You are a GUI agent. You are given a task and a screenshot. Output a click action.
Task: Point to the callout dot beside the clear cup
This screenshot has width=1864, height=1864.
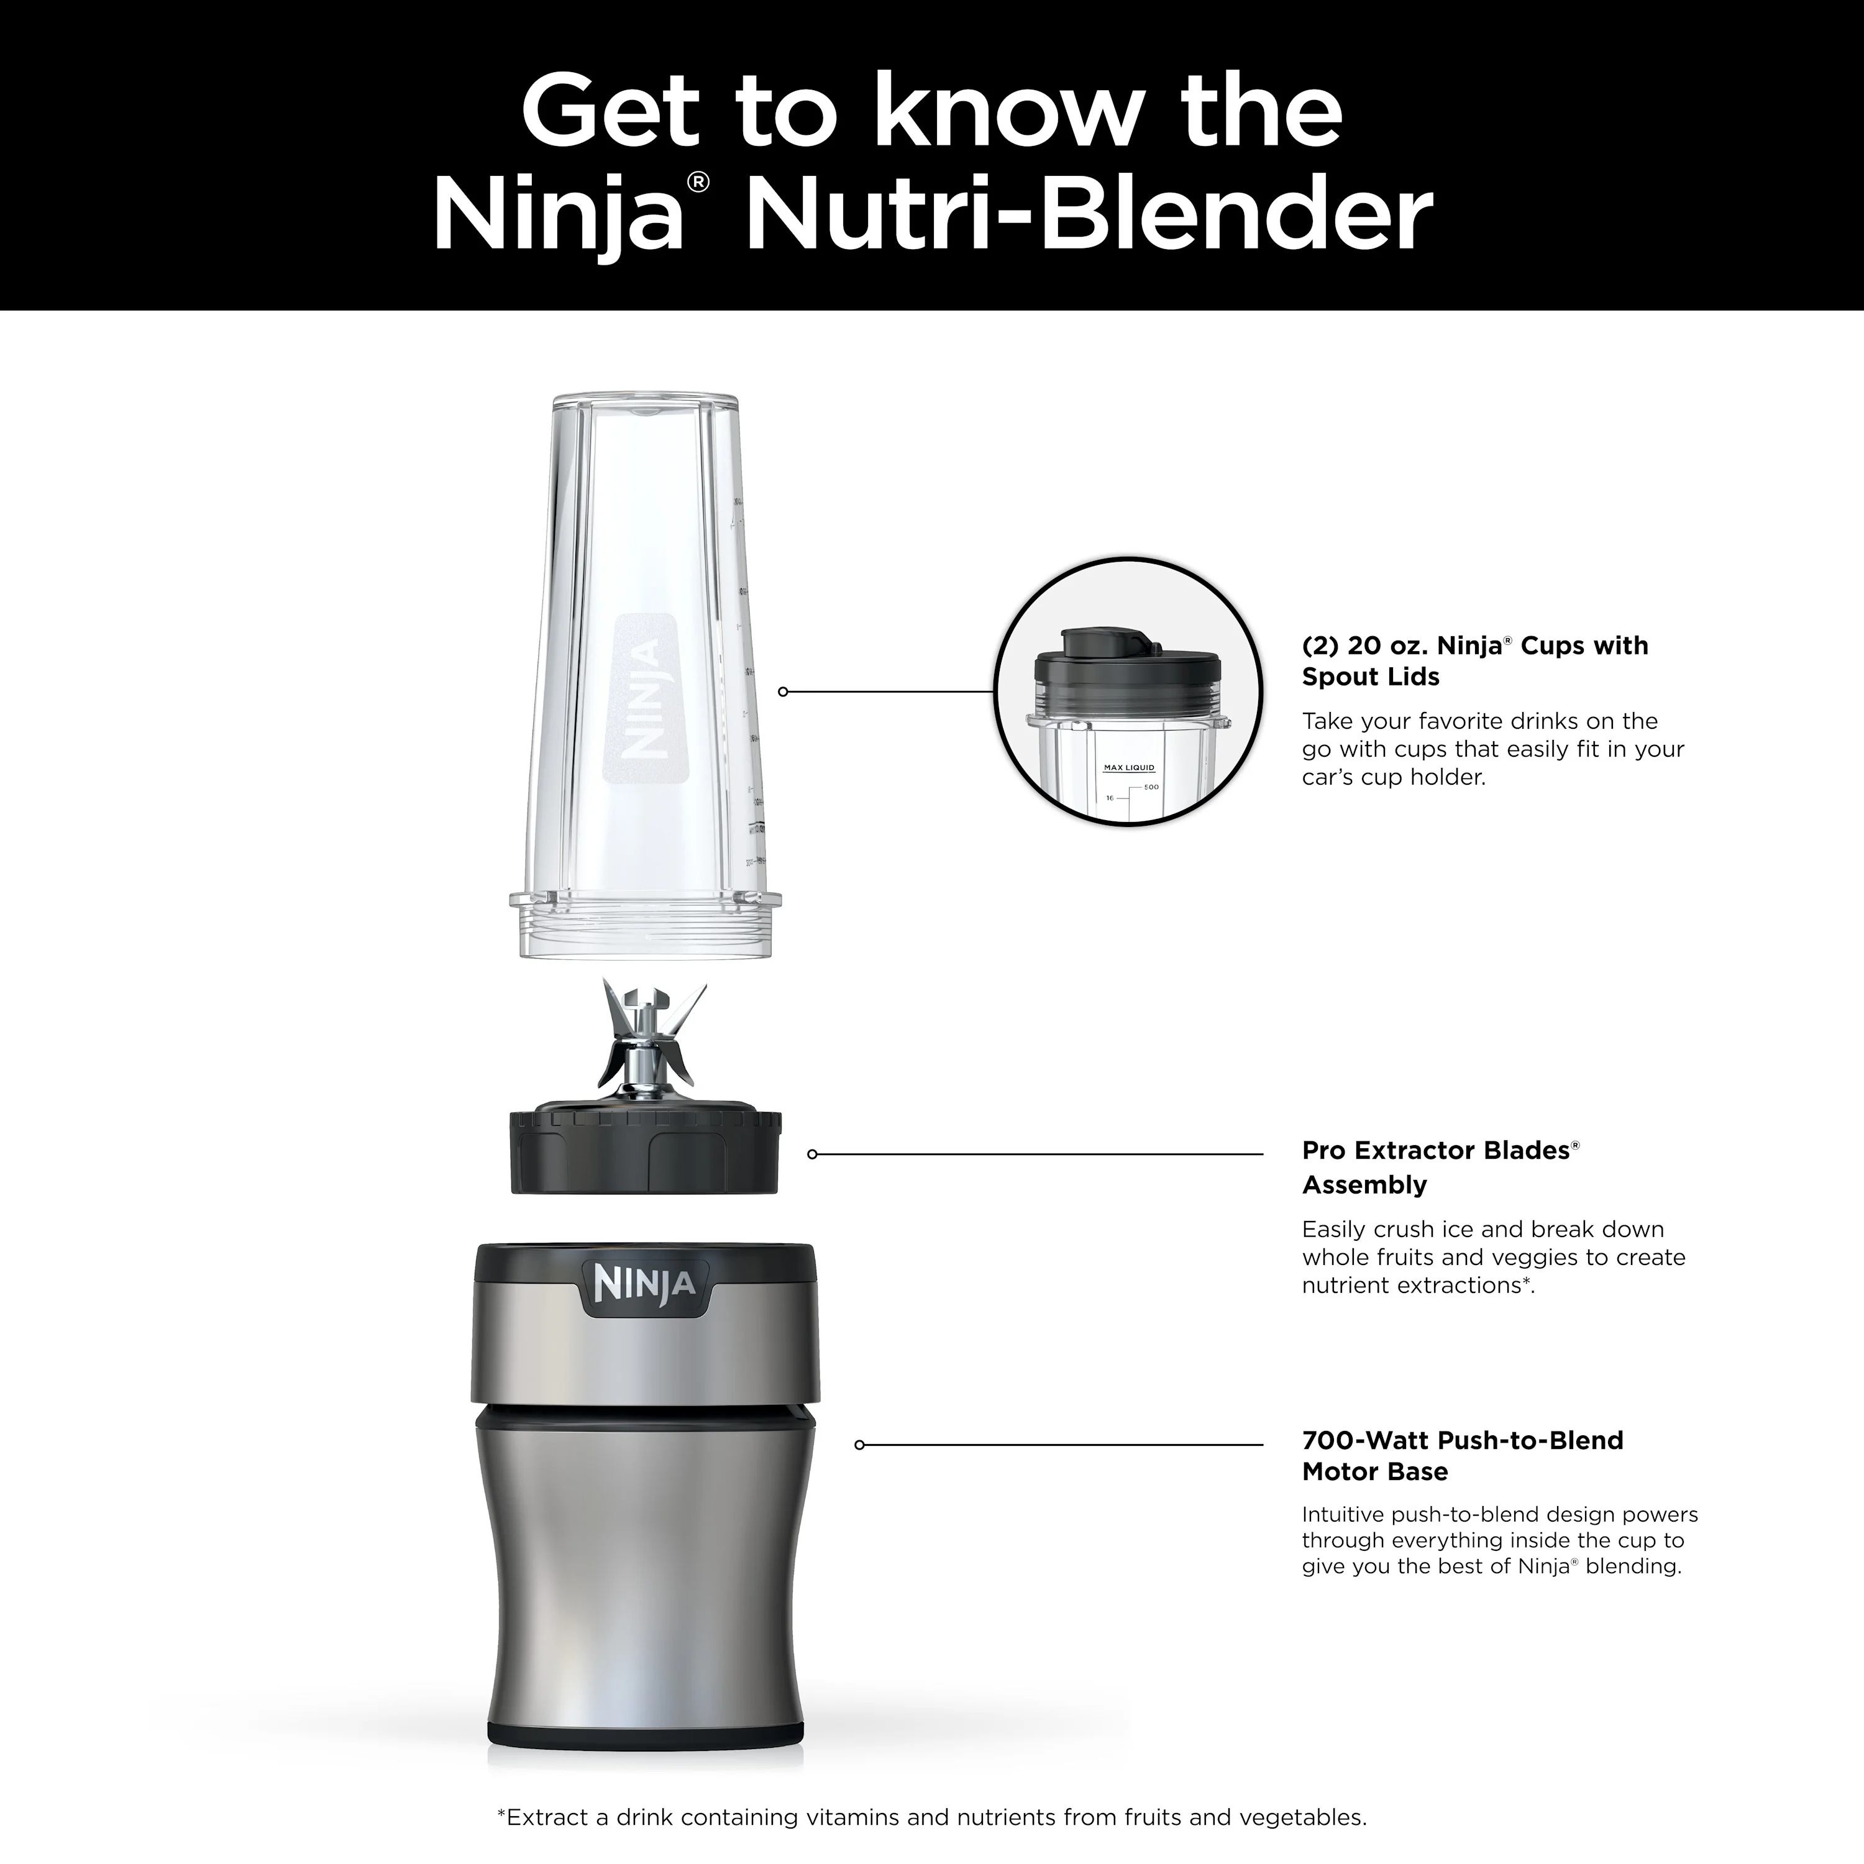coord(782,692)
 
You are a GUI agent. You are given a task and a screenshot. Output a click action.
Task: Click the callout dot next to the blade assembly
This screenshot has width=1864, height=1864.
coord(812,1154)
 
